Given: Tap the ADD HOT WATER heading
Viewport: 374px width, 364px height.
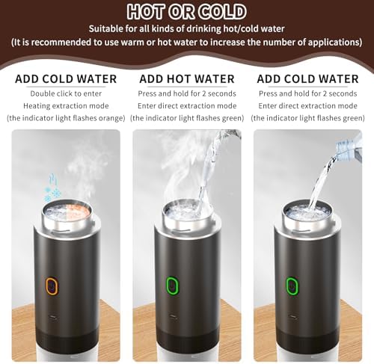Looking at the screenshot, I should click(187, 78).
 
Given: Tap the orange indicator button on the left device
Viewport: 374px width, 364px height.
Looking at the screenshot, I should click(52, 286).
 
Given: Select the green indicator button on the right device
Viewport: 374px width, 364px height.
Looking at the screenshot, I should click(291, 286).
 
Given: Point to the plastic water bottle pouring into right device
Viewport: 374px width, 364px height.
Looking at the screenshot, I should click(349, 154).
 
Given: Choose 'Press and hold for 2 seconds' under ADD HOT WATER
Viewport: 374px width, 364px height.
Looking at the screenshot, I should click(187, 93).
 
